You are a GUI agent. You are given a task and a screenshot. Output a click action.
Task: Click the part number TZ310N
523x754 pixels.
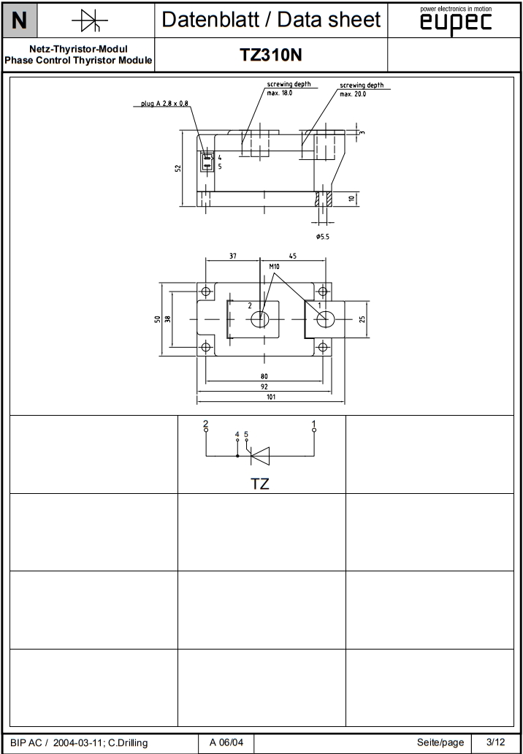click(271, 56)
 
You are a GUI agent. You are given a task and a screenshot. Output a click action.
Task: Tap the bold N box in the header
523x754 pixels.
click(19, 21)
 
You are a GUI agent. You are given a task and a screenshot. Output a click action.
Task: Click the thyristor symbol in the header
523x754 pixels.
click(90, 21)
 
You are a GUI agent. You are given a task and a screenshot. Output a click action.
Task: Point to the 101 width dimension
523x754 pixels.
click(271, 397)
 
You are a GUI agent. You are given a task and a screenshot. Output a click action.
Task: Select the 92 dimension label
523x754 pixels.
click(264, 386)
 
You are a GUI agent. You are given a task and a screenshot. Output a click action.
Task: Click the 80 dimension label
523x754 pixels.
click(264, 376)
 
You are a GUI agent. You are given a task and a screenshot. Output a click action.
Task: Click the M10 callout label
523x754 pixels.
click(275, 267)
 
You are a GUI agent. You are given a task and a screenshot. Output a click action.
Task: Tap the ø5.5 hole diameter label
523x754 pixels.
click(323, 237)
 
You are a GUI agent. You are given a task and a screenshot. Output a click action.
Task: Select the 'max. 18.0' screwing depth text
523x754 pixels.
click(279, 93)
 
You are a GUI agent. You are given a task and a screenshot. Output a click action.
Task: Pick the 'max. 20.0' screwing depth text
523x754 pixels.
click(353, 94)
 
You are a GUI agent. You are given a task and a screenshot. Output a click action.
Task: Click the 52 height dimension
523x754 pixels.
click(177, 168)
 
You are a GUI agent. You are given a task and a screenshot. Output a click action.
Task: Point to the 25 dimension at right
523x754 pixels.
click(363, 319)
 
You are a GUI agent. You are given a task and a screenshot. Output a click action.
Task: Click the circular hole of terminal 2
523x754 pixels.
click(260, 319)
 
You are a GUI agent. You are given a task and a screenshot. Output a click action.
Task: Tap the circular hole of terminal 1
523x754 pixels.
click(326, 319)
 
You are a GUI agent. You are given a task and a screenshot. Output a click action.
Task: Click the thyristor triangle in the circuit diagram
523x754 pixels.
click(261, 456)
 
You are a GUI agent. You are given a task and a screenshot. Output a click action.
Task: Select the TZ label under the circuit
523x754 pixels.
click(260, 484)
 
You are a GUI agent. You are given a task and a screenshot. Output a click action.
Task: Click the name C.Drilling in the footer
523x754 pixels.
click(128, 743)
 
